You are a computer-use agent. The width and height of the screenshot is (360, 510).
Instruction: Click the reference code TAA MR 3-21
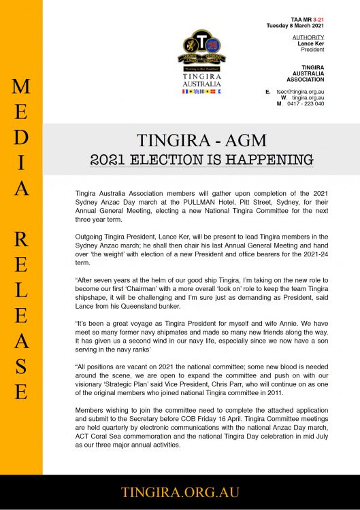coord(305,19)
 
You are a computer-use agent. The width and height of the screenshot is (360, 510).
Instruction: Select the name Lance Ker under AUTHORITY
coord(311,43)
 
